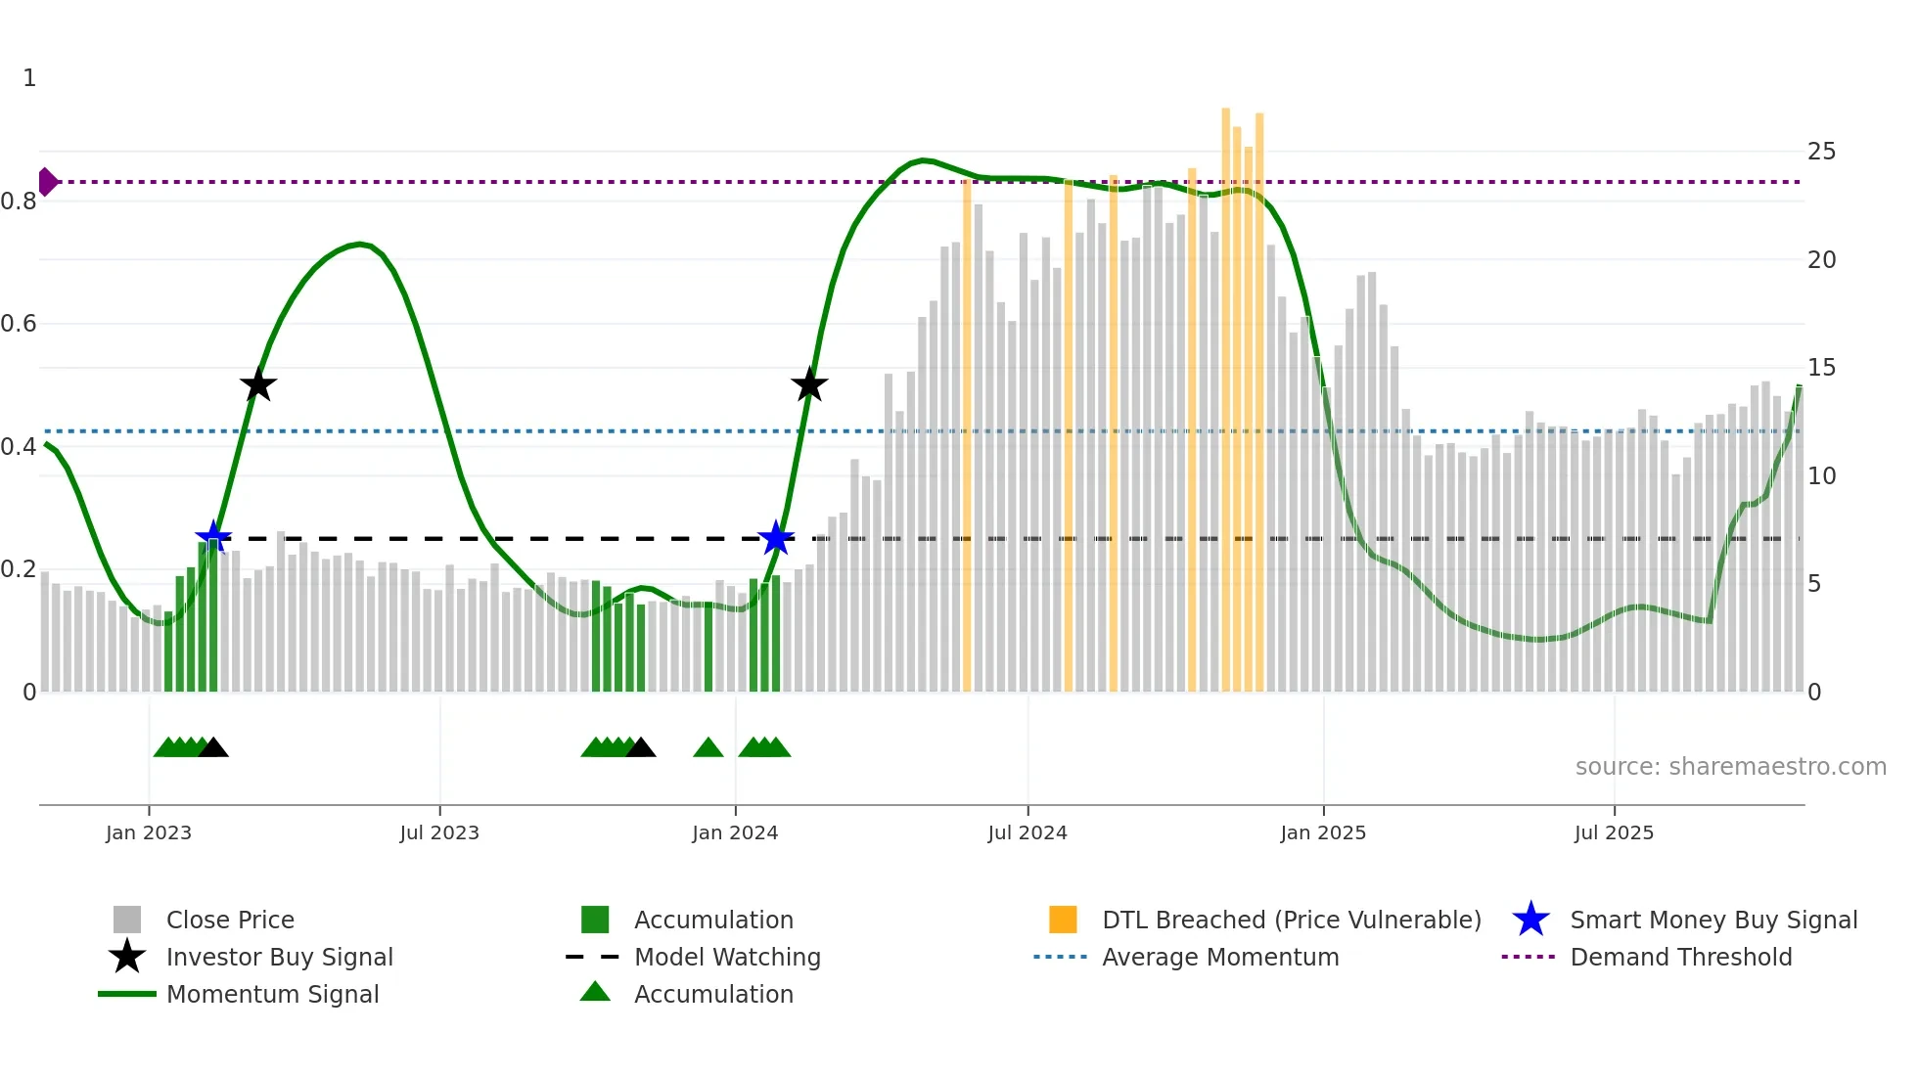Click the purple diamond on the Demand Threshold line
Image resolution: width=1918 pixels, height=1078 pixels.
coord(47,182)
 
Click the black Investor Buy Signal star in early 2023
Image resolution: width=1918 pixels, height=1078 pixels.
coord(258,385)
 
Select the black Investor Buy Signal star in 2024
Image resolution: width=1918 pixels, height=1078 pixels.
coord(809,385)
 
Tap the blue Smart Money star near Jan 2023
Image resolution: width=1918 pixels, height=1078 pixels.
coord(212,537)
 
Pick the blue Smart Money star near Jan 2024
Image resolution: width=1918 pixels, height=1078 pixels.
coord(776,537)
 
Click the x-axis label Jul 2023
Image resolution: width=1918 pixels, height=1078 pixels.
coord(439,832)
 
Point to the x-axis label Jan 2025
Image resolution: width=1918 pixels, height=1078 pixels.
coord(1323,832)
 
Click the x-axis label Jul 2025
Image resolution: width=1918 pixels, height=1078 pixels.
coord(1614,832)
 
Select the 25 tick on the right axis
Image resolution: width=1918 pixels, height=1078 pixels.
coord(1821,152)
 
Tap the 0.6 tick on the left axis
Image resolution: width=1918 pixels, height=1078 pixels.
coord(20,324)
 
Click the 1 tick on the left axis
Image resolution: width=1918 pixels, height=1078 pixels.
coord(29,78)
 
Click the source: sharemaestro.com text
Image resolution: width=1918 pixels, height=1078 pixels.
coord(1730,767)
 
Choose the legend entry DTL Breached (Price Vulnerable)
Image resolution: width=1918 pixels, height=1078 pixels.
coord(1291,920)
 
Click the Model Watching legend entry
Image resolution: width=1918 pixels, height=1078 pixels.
coord(726,957)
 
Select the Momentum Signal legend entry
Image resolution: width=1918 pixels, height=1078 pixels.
coord(272,994)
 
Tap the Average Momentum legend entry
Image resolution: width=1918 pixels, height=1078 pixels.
coord(1219,957)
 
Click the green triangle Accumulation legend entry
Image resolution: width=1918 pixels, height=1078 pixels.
coord(712,994)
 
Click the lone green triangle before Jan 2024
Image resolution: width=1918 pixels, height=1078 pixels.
coord(708,748)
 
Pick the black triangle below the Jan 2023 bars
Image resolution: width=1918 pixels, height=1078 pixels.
coord(213,748)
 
